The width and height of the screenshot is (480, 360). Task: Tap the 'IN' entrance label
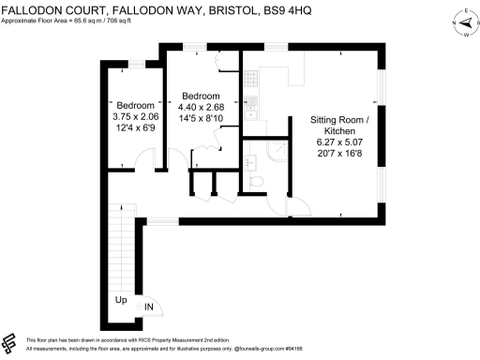click(148, 307)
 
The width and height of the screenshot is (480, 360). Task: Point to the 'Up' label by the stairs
click(121, 301)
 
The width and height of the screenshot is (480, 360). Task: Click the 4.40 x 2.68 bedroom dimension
click(201, 106)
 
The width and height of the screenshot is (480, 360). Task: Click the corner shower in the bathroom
click(278, 152)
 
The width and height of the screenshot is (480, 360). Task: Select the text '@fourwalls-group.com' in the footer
click(245, 348)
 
